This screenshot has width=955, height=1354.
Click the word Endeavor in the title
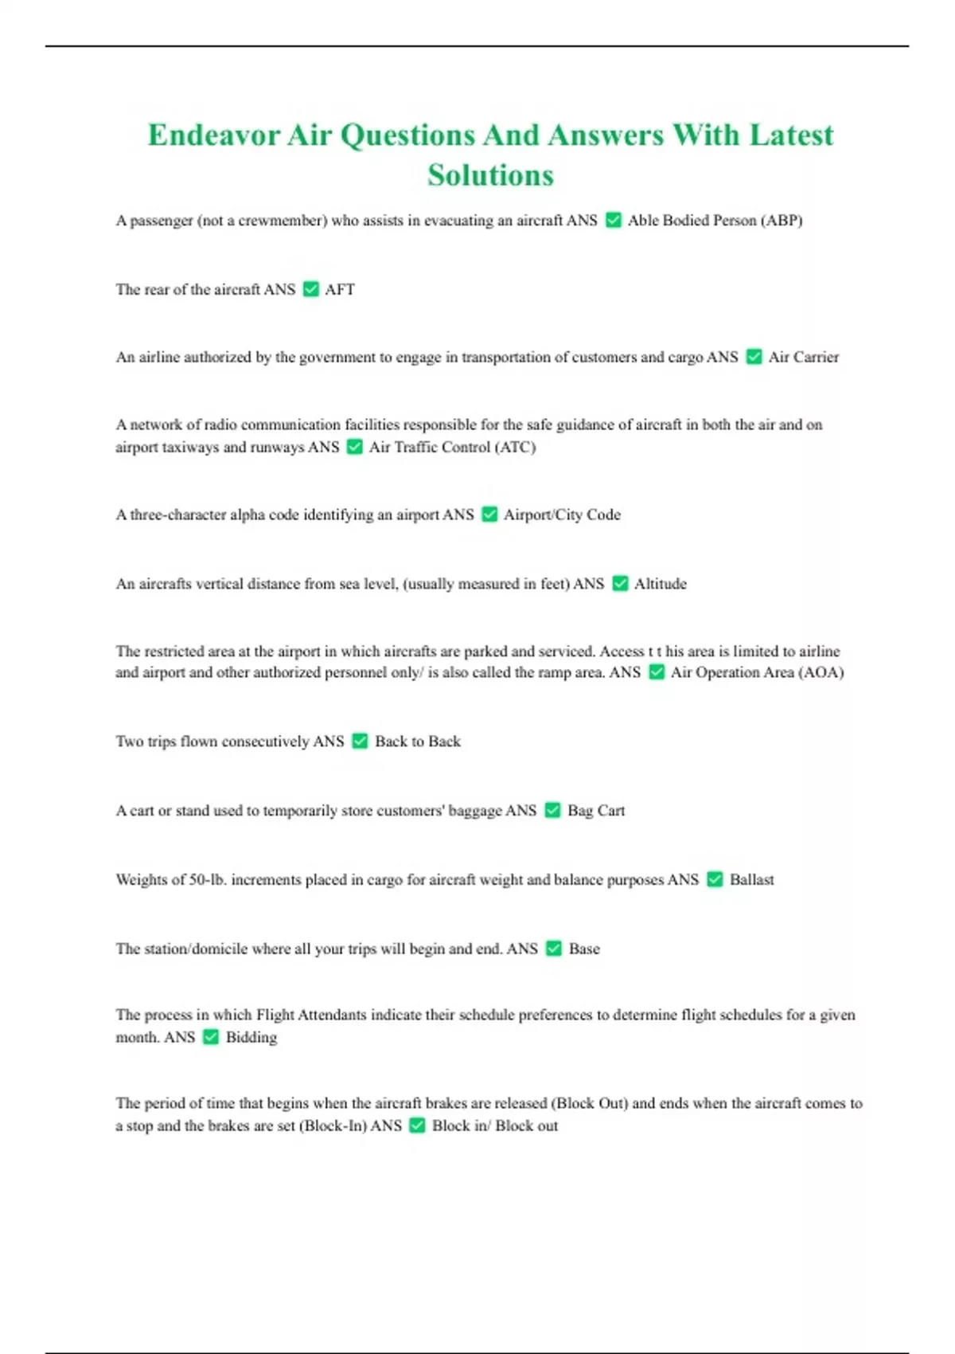pyautogui.click(x=213, y=135)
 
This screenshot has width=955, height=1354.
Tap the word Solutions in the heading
pyautogui.click(x=490, y=175)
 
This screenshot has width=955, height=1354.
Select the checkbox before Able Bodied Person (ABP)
pyautogui.click(x=613, y=220)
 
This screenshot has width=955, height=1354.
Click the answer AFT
pyautogui.click(x=340, y=289)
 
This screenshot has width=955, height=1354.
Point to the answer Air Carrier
pyautogui.click(x=803, y=357)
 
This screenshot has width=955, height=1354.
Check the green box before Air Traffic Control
pyautogui.click(x=355, y=447)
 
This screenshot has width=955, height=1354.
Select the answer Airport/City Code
pyautogui.click(x=562, y=515)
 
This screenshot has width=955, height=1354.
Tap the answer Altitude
pyautogui.click(x=660, y=584)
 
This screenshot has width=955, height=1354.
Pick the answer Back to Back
pyautogui.click(x=418, y=742)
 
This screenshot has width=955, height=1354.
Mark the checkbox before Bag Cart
pyautogui.click(x=552, y=811)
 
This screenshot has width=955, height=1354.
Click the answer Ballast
pyautogui.click(x=751, y=879)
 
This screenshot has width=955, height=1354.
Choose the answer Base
pyautogui.click(x=584, y=949)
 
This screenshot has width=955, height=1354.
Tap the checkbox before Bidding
pyautogui.click(x=211, y=1037)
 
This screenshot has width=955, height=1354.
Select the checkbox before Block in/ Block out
pyautogui.click(x=417, y=1125)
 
